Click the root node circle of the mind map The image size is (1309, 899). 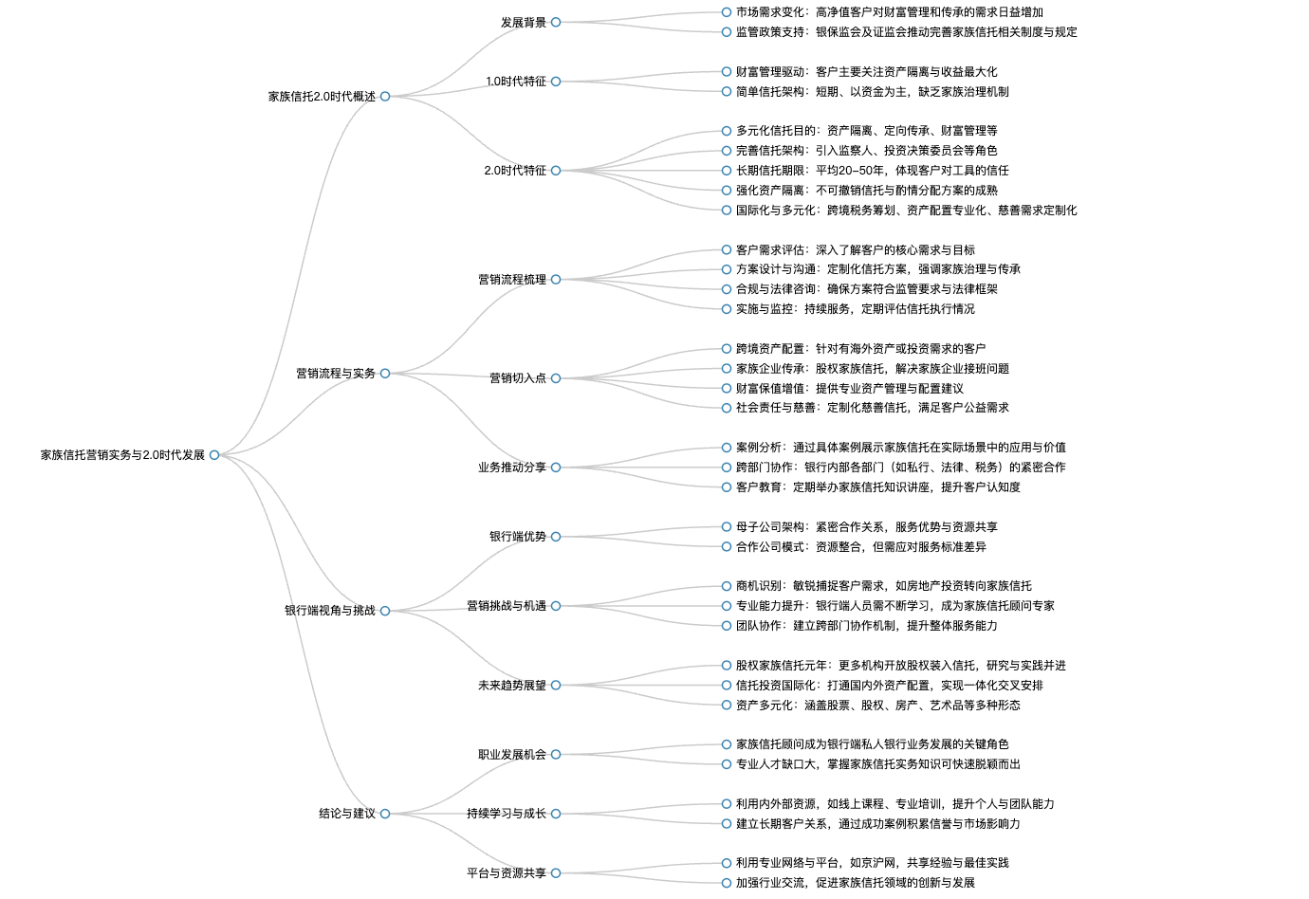click(x=214, y=455)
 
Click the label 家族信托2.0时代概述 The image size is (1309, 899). click(x=322, y=97)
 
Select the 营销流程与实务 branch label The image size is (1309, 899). click(x=336, y=374)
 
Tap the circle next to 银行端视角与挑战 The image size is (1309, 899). click(x=385, y=611)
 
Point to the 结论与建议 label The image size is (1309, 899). click(x=347, y=814)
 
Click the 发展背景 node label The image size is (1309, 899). click(x=524, y=22)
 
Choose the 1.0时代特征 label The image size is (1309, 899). click(x=516, y=82)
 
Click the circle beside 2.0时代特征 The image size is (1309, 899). click(x=556, y=171)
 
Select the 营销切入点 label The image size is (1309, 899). click(x=518, y=378)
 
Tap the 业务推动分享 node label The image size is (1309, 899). click(x=512, y=468)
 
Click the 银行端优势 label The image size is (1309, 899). click(x=518, y=536)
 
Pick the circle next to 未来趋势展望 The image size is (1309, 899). click(x=556, y=686)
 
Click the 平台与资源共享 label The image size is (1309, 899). click(x=507, y=873)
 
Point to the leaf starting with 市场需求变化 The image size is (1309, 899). click(x=890, y=12)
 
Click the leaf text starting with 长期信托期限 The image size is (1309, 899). click(x=873, y=171)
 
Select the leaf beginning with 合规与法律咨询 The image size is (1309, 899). click(x=867, y=289)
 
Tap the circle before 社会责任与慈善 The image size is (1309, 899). click(x=727, y=408)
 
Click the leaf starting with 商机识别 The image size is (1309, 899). click(x=884, y=586)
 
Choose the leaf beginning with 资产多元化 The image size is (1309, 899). click(x=877, y=705)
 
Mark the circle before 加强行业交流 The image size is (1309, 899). click(x=727, y=883)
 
